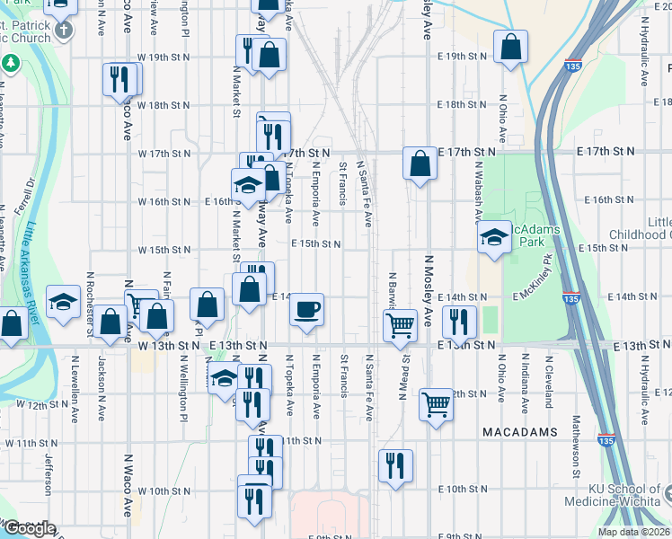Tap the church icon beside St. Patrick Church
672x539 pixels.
click(63, 31)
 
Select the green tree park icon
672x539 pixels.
click(11, 65)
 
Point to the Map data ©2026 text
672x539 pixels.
click(634, 532)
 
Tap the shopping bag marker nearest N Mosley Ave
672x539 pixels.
click(420, 164)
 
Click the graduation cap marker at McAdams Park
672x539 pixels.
click(493, 238)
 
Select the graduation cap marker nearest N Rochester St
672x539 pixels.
click(64, 303)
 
